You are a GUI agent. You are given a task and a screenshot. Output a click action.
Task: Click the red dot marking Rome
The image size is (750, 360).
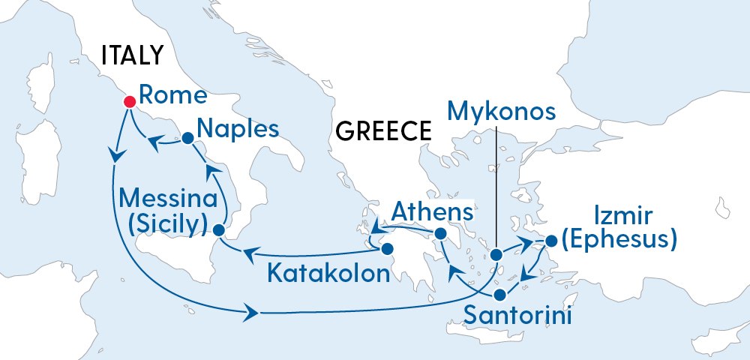[x=129, y=101]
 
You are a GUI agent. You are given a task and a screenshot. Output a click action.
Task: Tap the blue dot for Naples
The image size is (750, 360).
[x=187, y=138]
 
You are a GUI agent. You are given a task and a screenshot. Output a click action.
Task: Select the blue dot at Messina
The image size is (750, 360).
[x=219, y=229]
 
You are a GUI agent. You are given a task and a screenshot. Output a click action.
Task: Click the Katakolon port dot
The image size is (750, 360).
[x=387, y=248]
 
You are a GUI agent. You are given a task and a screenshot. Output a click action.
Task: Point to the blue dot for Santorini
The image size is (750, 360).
[x=500, y=293]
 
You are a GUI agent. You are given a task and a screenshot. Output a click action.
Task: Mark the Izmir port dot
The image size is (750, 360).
[x=551, y=241]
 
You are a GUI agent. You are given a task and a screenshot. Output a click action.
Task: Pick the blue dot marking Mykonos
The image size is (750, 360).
[x=496, y=255]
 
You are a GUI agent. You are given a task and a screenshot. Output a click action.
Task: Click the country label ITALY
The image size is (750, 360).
[x=133, y=55]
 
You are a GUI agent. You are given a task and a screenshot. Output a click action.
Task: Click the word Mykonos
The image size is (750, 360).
[x=502, y=112]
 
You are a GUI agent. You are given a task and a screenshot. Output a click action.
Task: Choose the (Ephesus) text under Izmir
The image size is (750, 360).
[x=619, y=240]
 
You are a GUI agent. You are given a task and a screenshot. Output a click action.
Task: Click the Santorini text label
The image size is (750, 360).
[x=518, y=315]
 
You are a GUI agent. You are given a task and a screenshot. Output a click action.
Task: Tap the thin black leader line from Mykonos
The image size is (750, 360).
[x=496, y=187]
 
